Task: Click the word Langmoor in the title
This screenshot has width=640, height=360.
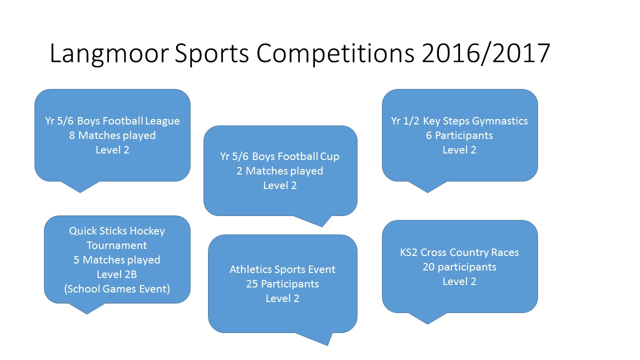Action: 109,53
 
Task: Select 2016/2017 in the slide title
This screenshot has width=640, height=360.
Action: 485,53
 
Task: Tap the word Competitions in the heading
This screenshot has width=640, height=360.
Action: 335,53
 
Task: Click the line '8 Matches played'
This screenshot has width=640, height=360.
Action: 112,135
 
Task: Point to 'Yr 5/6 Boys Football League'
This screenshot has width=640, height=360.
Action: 112,121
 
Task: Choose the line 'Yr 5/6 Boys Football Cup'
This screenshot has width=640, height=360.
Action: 279,156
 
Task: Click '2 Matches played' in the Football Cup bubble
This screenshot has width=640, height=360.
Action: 279,171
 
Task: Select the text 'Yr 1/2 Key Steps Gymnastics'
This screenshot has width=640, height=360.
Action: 459,121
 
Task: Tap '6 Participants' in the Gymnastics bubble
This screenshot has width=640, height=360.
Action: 459,135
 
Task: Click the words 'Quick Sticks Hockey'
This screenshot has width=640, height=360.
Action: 117,231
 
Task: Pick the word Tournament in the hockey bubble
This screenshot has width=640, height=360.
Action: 117,245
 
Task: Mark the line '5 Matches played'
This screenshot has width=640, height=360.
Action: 117,260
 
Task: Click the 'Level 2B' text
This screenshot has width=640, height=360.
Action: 117,274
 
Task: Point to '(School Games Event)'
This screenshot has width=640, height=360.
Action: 117,289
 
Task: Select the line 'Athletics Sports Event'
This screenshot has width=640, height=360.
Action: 282,269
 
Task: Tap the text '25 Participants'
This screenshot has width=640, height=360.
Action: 282,284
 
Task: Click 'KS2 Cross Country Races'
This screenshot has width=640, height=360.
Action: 459,252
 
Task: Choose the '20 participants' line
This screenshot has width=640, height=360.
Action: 459,267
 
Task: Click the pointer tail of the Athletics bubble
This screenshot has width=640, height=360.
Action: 317,338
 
